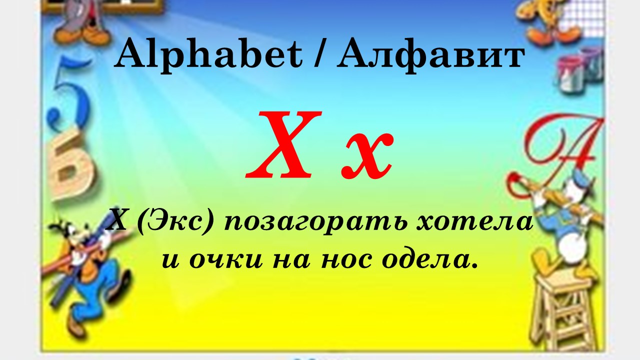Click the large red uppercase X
pyautogui.click(x=283, y=144)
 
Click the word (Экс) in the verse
pyautogui.click(x=175, y=223)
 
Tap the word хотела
pyautogui.click(x=475, y=222)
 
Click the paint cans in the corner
pyautogui.click(x=580, y=70)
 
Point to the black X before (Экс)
pyautogui.click(x=117, y=222)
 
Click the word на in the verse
pyautogui.click(x=291, y=260)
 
